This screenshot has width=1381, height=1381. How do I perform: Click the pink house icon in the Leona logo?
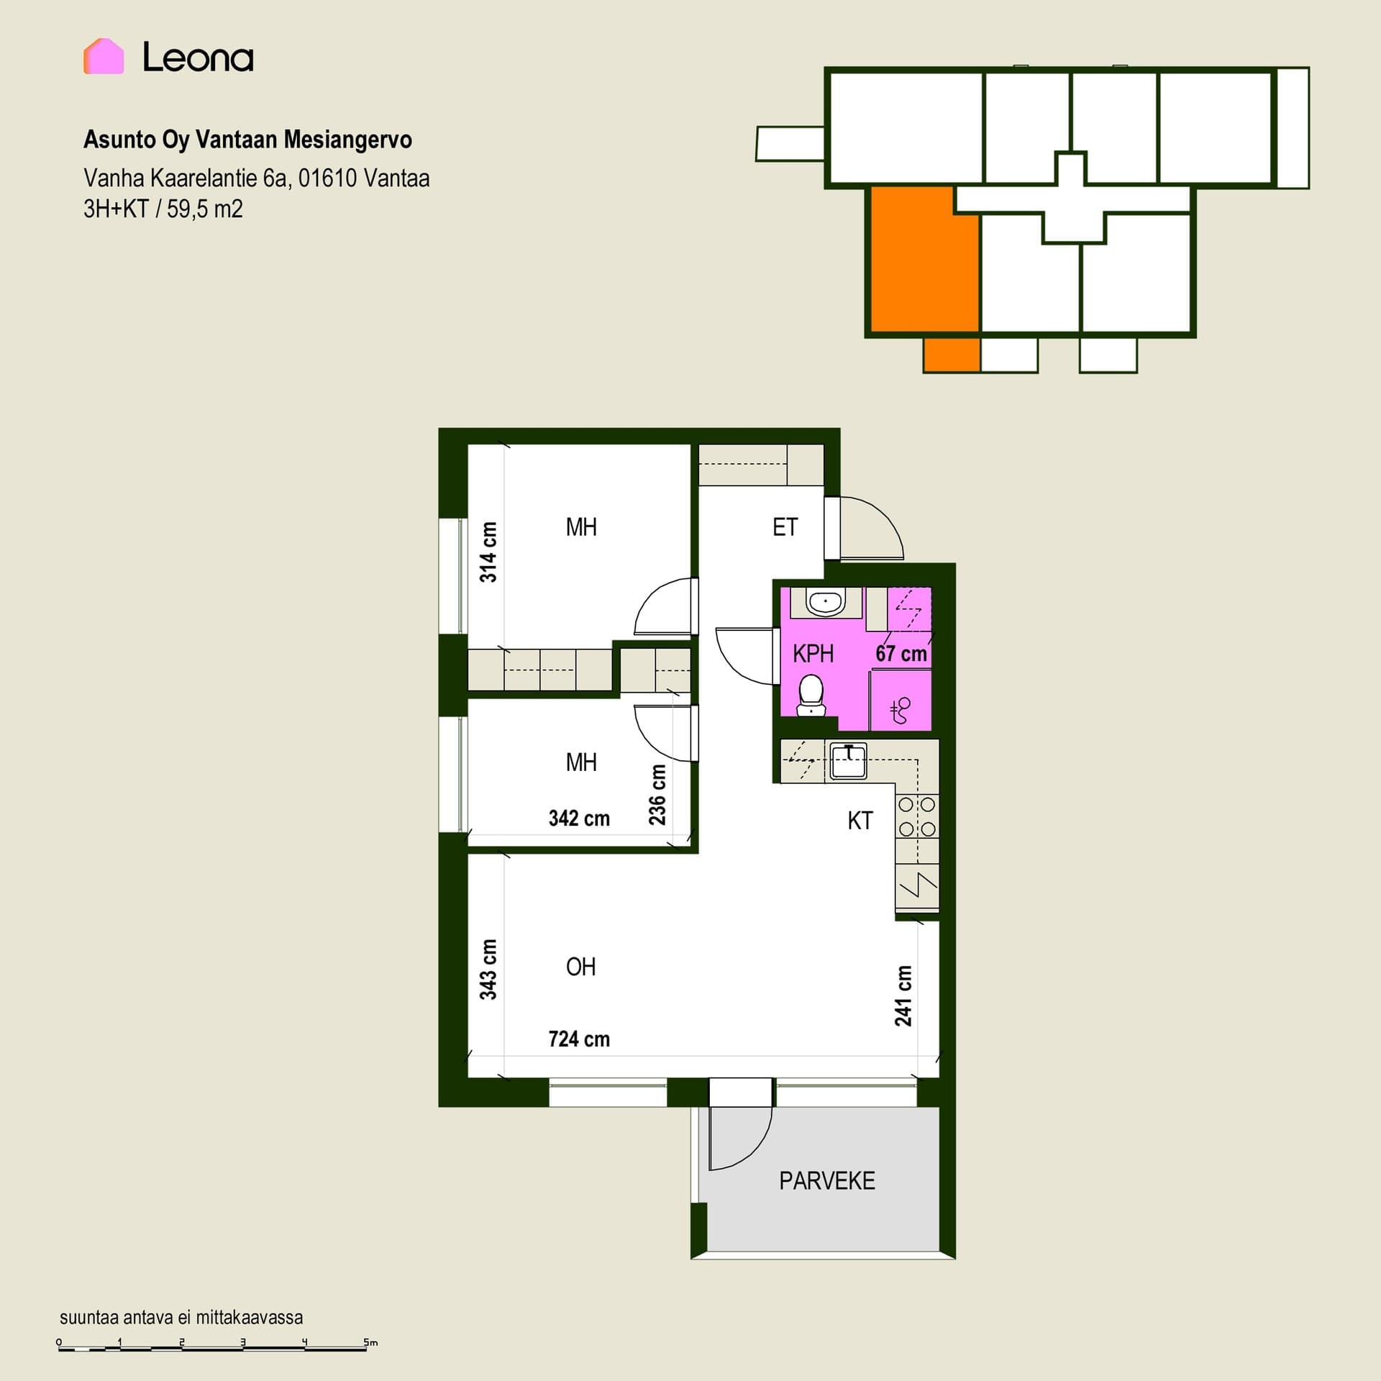coord(104,56)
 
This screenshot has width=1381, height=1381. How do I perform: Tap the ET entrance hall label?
coord(785,527)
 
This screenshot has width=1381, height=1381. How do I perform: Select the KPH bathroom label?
coord(813,654)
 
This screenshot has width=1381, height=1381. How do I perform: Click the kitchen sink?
coord(849,762)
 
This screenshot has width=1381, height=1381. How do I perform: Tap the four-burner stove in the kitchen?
coord(917,816)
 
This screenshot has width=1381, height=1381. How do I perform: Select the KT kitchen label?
coord(860,821)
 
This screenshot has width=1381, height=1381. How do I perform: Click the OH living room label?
coord(580,967)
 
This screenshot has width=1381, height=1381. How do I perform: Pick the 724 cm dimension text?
coord(579,1039)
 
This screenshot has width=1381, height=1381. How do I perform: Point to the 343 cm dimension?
coord(488,970)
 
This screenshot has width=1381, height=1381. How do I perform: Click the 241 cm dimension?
coord(903,995)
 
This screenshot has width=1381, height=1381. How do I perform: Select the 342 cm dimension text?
coord(579,818)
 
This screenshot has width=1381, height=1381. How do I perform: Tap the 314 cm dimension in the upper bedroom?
coord(488,552)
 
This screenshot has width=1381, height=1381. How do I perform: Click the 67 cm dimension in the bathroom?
coord(901,654)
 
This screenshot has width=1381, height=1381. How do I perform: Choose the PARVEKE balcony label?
coord(827,1181)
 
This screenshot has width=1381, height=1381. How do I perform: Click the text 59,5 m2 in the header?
coord(205,209)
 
